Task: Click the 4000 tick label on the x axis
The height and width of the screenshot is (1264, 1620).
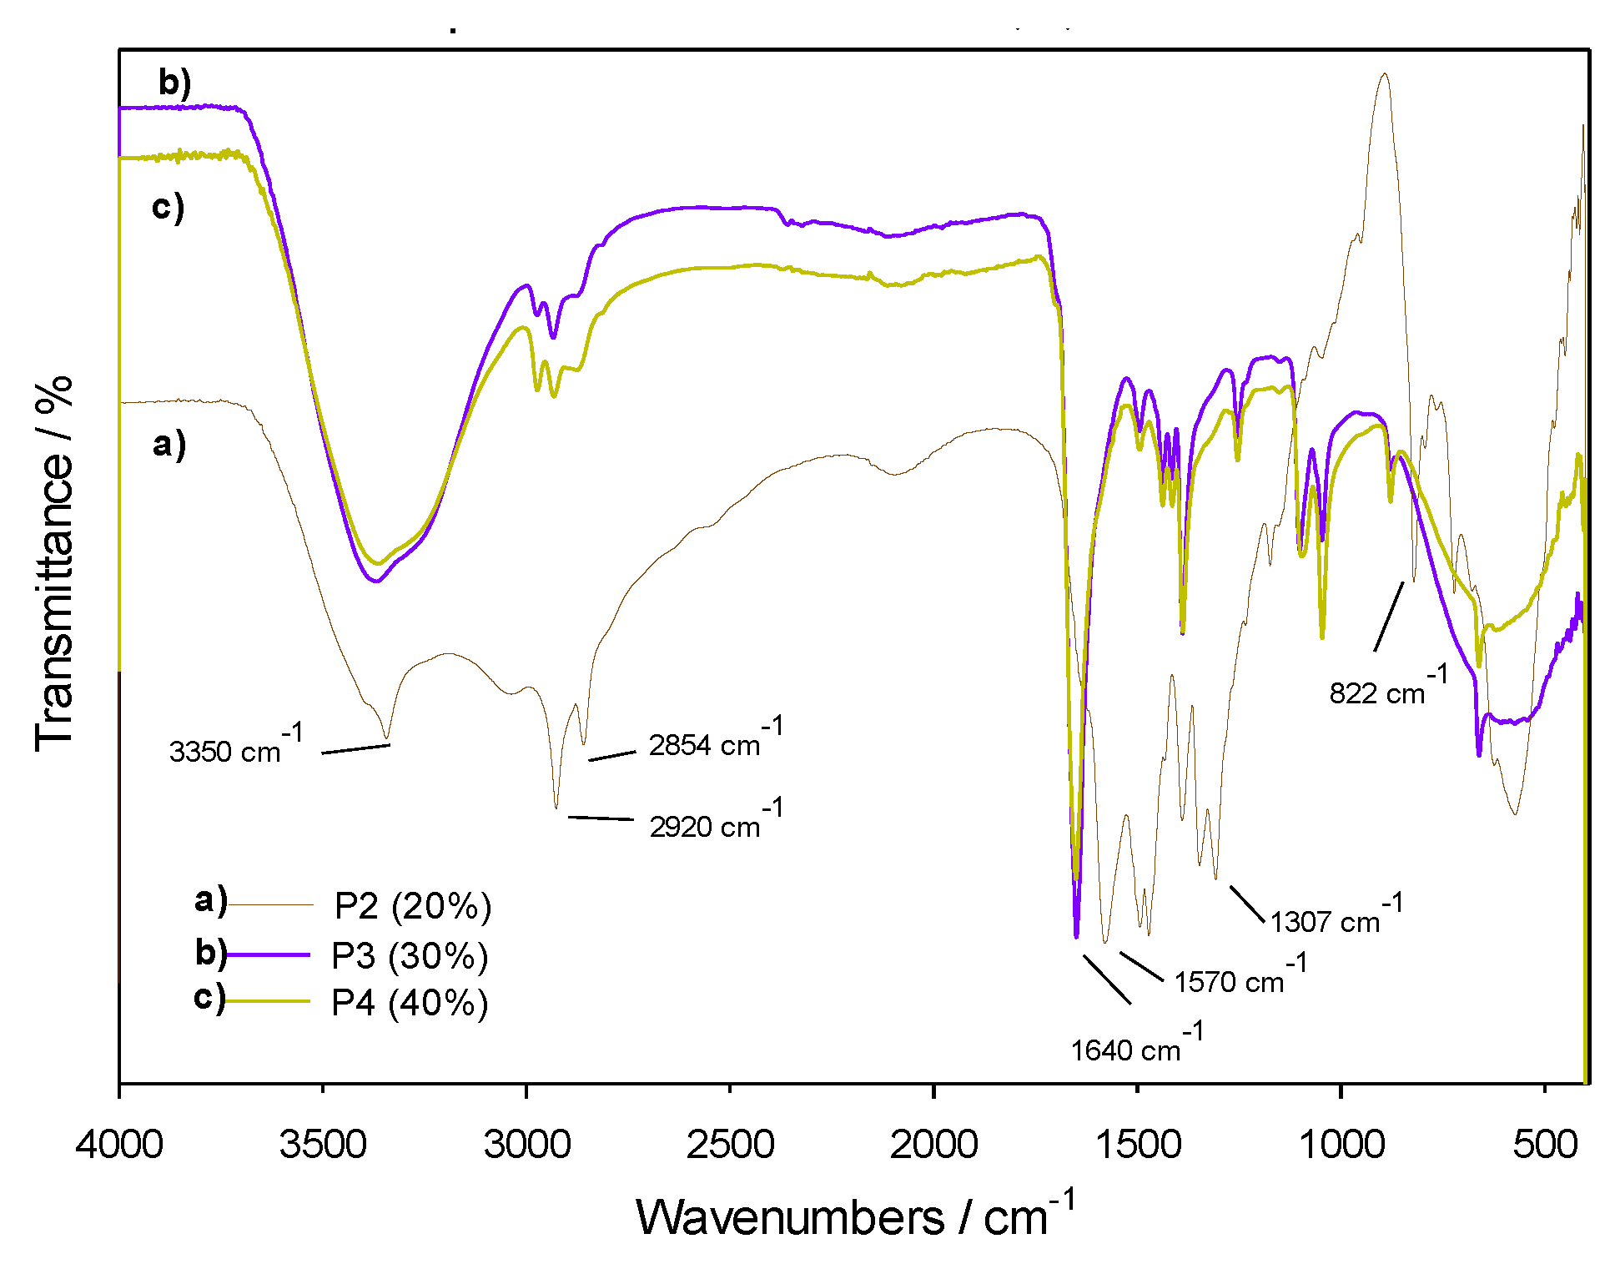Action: (119, 1144)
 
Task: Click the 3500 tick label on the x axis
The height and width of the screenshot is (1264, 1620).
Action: (323, 1144)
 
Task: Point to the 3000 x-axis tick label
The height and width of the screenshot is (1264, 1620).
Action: (526, 1144)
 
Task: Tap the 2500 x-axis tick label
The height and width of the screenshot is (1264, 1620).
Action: (730, 1144)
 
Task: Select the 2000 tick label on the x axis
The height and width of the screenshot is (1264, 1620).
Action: (933, 1144)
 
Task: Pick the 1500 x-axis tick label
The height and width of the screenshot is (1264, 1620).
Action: (1137, 1144)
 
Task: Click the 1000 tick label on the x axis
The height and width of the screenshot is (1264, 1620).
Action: (1341, 1144)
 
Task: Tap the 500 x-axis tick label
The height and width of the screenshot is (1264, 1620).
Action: (1545, 1144)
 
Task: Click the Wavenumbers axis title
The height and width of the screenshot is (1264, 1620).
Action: (855, 1216)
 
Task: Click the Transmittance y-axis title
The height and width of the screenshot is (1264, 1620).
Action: (55, 563)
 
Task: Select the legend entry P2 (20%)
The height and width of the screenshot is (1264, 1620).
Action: (413, 905)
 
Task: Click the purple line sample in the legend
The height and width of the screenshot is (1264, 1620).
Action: (269, 954)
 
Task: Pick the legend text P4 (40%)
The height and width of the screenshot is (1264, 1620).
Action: (410, 1002)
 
